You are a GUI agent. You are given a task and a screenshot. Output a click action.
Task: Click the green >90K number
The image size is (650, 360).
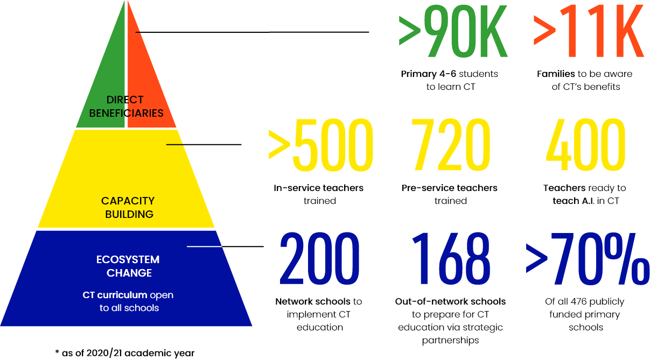click(453, 31)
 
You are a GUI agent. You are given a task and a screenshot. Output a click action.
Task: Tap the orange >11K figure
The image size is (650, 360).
click(589, 31)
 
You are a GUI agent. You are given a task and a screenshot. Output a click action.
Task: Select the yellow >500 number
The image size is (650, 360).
click(320, 145)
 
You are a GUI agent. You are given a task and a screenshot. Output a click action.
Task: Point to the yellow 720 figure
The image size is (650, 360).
click(451, 145)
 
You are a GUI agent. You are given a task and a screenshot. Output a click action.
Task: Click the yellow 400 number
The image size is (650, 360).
click(585, 145)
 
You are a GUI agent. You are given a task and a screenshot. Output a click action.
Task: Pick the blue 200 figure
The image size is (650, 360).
click(319, 258)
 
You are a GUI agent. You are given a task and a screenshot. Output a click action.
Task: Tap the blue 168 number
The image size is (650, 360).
click(451, 258)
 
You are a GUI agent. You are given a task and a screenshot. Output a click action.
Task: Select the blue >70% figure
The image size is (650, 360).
click(588, 258)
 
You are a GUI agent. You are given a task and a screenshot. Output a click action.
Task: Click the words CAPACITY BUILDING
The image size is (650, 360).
click(128, 208)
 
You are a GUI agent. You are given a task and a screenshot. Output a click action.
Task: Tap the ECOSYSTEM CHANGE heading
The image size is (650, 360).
click(128, 266)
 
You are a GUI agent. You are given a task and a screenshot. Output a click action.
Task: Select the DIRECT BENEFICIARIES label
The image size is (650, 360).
click(126, 107)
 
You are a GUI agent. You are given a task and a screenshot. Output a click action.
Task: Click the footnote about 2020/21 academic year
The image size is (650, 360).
click(125, 353)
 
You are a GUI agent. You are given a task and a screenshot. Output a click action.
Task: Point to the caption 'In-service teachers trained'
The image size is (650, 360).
click(319, 194)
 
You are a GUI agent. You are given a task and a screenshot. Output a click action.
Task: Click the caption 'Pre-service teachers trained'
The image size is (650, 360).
click(450, 194)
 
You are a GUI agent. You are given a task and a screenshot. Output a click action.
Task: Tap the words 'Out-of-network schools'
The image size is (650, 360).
click(450, 301)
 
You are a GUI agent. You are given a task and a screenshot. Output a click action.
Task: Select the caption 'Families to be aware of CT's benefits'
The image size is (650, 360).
click(585, 80)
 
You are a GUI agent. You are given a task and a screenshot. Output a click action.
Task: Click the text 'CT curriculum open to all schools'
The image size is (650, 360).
click(128, 301)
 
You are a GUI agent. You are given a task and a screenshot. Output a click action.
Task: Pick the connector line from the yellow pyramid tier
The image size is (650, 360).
click(204, 144)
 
